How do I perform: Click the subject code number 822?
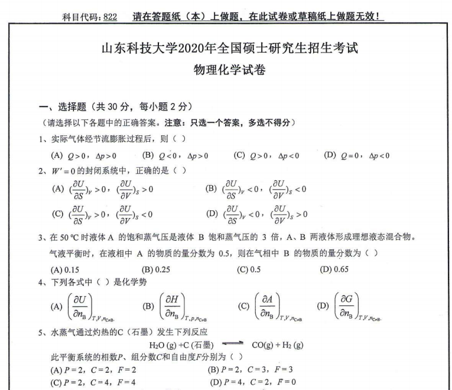point(109,17)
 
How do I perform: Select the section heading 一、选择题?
point(57,107)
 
